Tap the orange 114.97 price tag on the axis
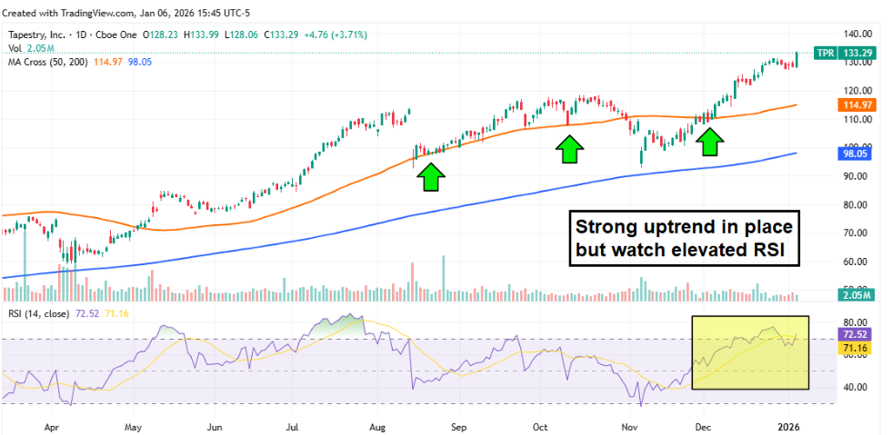855,105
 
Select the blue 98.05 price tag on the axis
855,153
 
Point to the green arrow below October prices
569,148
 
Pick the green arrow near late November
711,141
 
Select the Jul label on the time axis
293,425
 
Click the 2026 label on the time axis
791,425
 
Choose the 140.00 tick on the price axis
855,33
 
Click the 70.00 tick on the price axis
855,233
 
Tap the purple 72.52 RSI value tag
855,336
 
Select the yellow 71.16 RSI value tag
855,349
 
